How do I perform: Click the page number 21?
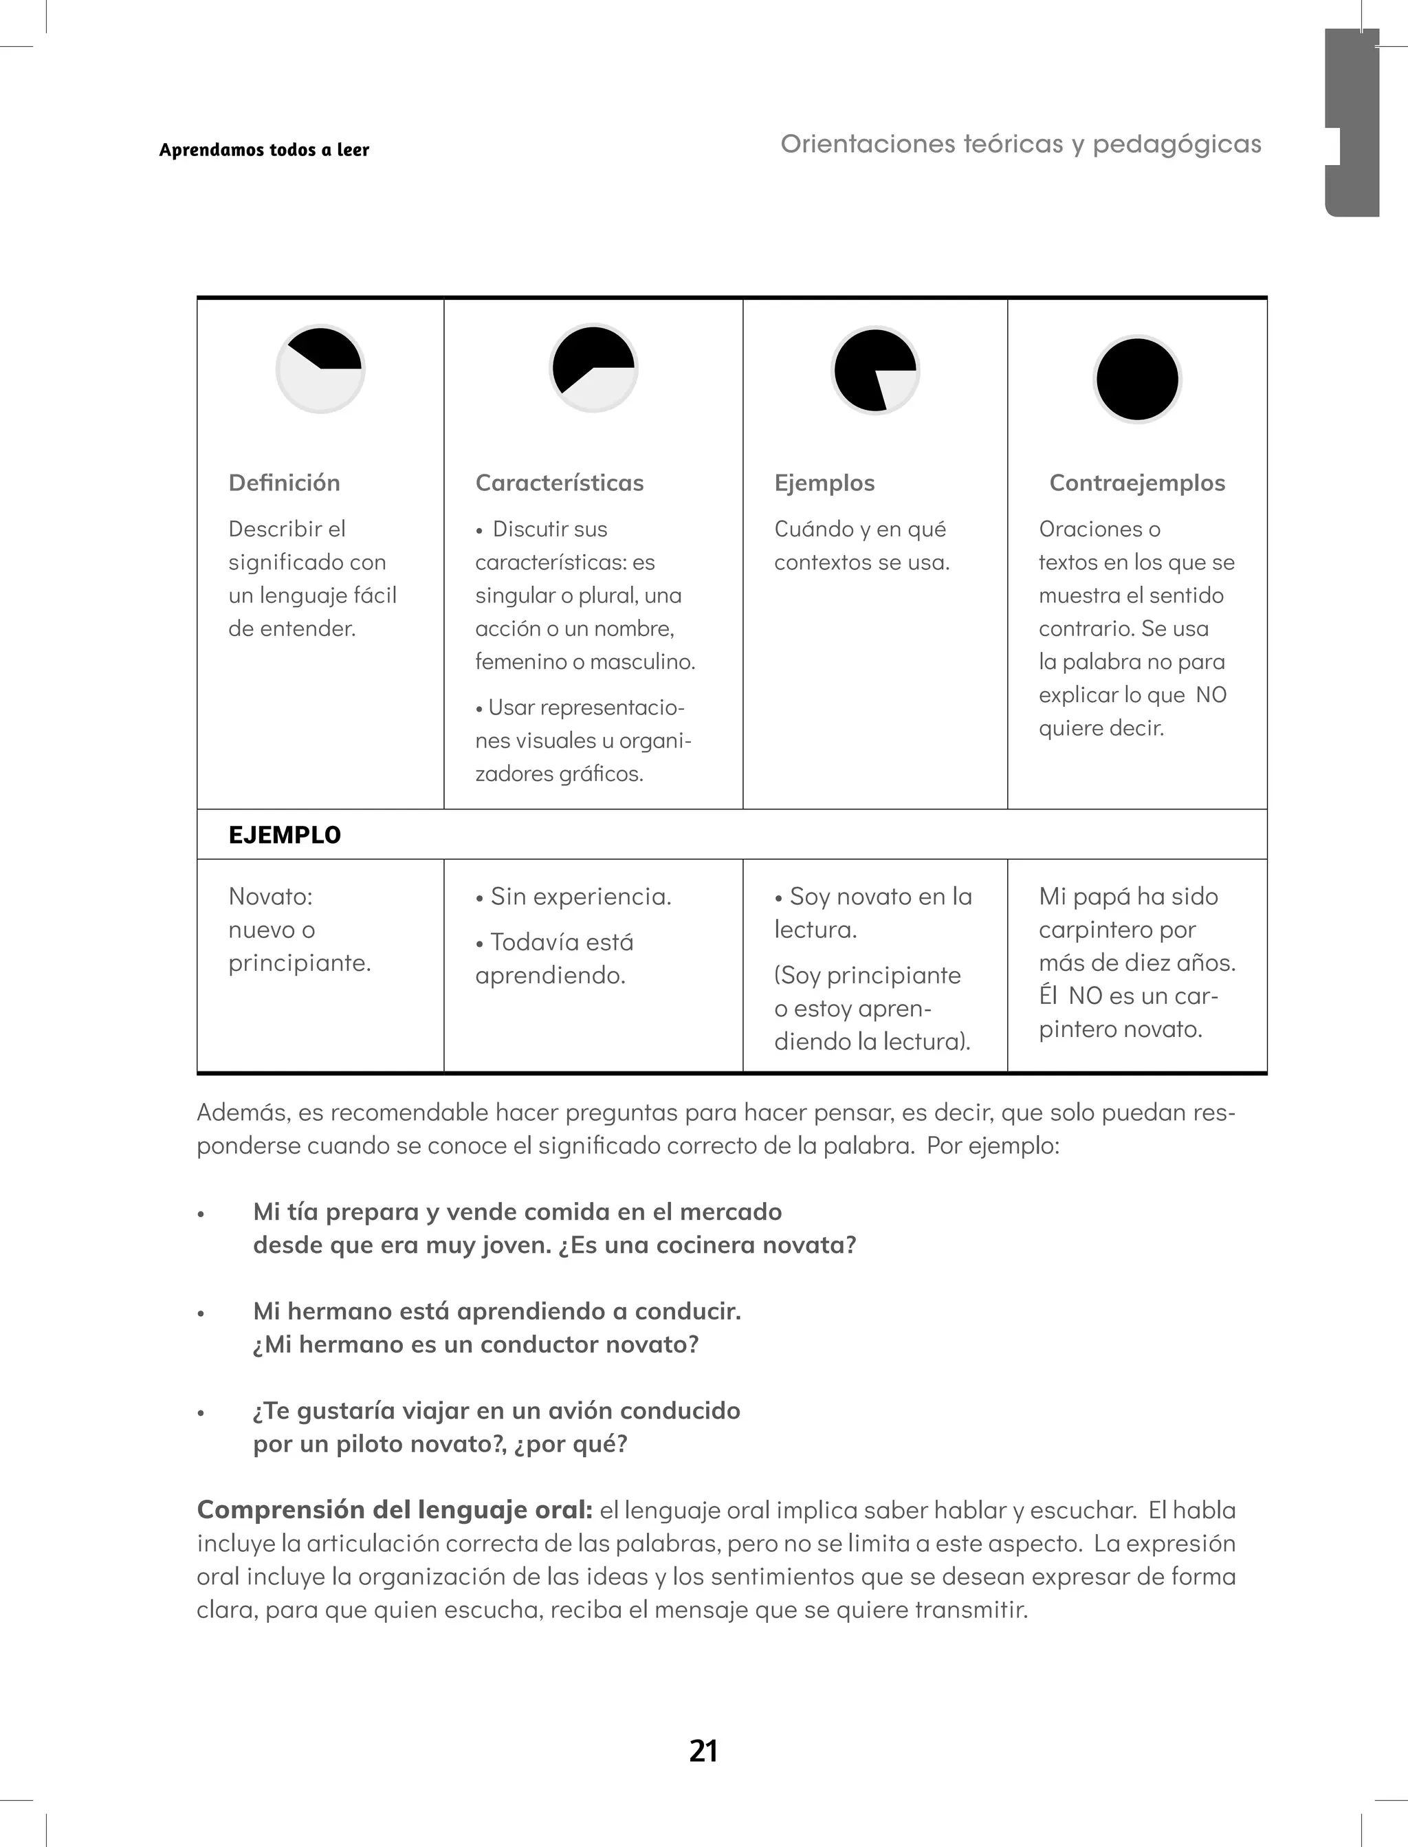(703, 1751)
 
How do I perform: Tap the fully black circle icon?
(1137, 379)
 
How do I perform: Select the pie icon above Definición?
(320, 369)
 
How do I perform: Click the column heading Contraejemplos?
(1136, 483)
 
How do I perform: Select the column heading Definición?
(284, 483)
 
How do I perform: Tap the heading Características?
(559, 483)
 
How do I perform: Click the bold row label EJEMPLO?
(284, 835)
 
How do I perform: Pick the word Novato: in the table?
(270, 897)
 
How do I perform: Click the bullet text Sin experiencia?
(580, 897)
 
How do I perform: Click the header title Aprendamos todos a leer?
(264, 150)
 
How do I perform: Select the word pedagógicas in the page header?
(1177, 144)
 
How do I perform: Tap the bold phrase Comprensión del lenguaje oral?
(395, 1510)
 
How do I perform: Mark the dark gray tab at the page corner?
(1351, 122)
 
